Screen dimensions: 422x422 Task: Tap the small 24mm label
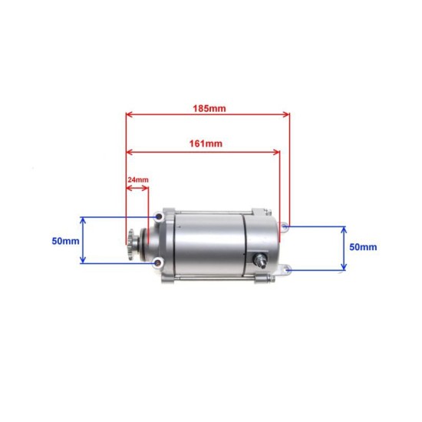(x=137, y=180)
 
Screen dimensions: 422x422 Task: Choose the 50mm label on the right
(x=362, y=247)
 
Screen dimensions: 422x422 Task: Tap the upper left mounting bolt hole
(x=159, y=219)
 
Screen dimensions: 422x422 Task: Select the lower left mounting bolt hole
(x=158, y=264)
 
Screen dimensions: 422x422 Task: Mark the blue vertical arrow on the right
(x=344, y=248)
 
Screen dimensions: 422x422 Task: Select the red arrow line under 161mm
(x=203, y=151)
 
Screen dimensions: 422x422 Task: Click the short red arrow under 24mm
(x=137, y=186)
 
